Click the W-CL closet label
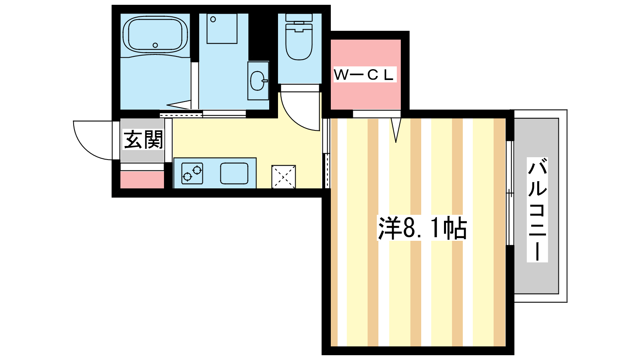365,75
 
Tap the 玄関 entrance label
143,140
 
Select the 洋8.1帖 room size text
422,228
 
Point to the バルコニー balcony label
537,210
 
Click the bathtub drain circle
155,45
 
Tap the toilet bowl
299,43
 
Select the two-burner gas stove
192,174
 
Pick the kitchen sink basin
234,174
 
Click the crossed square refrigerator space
284,177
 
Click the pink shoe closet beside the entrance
142,180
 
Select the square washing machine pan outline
222,28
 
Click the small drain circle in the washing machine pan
213,20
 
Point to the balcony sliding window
510,193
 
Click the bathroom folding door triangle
180,105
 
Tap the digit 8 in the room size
409,228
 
